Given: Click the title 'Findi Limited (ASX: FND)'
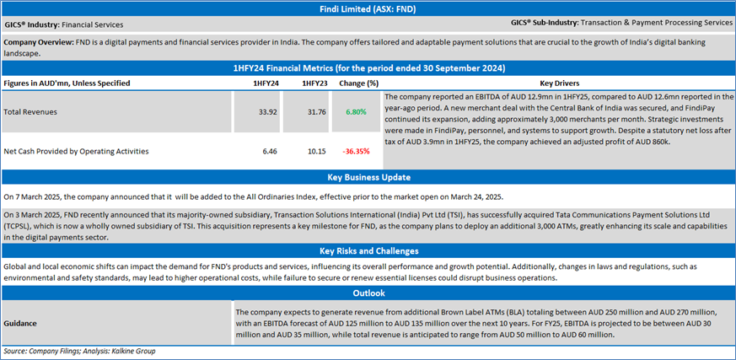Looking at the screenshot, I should point(368,8).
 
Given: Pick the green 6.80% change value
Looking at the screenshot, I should point(357,111).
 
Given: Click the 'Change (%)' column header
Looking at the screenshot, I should point(357,83).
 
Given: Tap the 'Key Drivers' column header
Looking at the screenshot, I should point(558,83).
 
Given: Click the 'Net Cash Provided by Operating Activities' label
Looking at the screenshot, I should point(77,152).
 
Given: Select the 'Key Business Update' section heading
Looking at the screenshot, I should point(368,178).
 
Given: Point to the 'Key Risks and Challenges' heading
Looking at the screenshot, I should point(368,251).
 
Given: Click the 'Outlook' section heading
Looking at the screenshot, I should point(368,293).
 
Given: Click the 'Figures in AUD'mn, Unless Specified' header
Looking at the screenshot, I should point(67,83).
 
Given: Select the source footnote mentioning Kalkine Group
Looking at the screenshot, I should point(80,351).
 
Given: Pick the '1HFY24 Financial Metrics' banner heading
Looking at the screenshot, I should point(368,67).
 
